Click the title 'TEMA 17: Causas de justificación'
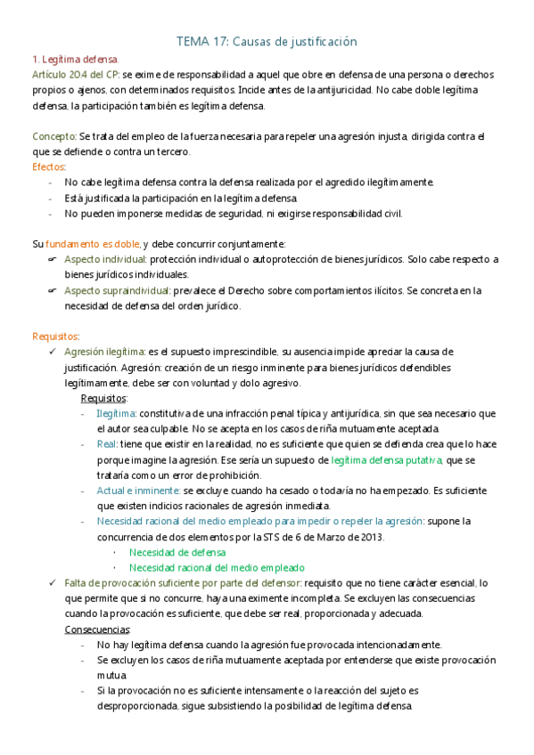click(267, 42)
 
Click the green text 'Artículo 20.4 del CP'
click(75, 74)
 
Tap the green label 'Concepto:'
click(54, 135)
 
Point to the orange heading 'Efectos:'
click(48, 166)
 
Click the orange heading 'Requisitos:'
click(56, 336)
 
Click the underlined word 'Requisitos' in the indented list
click(103, 398)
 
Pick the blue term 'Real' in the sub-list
click(107, 444)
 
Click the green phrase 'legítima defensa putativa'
click(386, 459)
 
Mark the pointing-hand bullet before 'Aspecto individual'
click(52, 259)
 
